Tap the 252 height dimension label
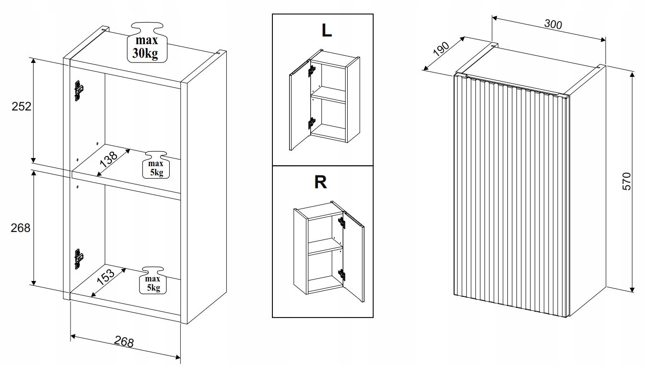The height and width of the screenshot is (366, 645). (x=22, y=106)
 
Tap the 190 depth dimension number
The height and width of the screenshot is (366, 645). (x=440, y=49)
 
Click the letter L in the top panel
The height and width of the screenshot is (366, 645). (x=327, y=30)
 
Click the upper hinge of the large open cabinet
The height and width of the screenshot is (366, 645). (x=78, y=90)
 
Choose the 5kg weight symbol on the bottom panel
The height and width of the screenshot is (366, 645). (x=153, y=280)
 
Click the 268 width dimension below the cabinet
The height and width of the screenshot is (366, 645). (x=124, y=342)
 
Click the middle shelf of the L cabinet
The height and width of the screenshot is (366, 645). (x=328, y=95)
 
